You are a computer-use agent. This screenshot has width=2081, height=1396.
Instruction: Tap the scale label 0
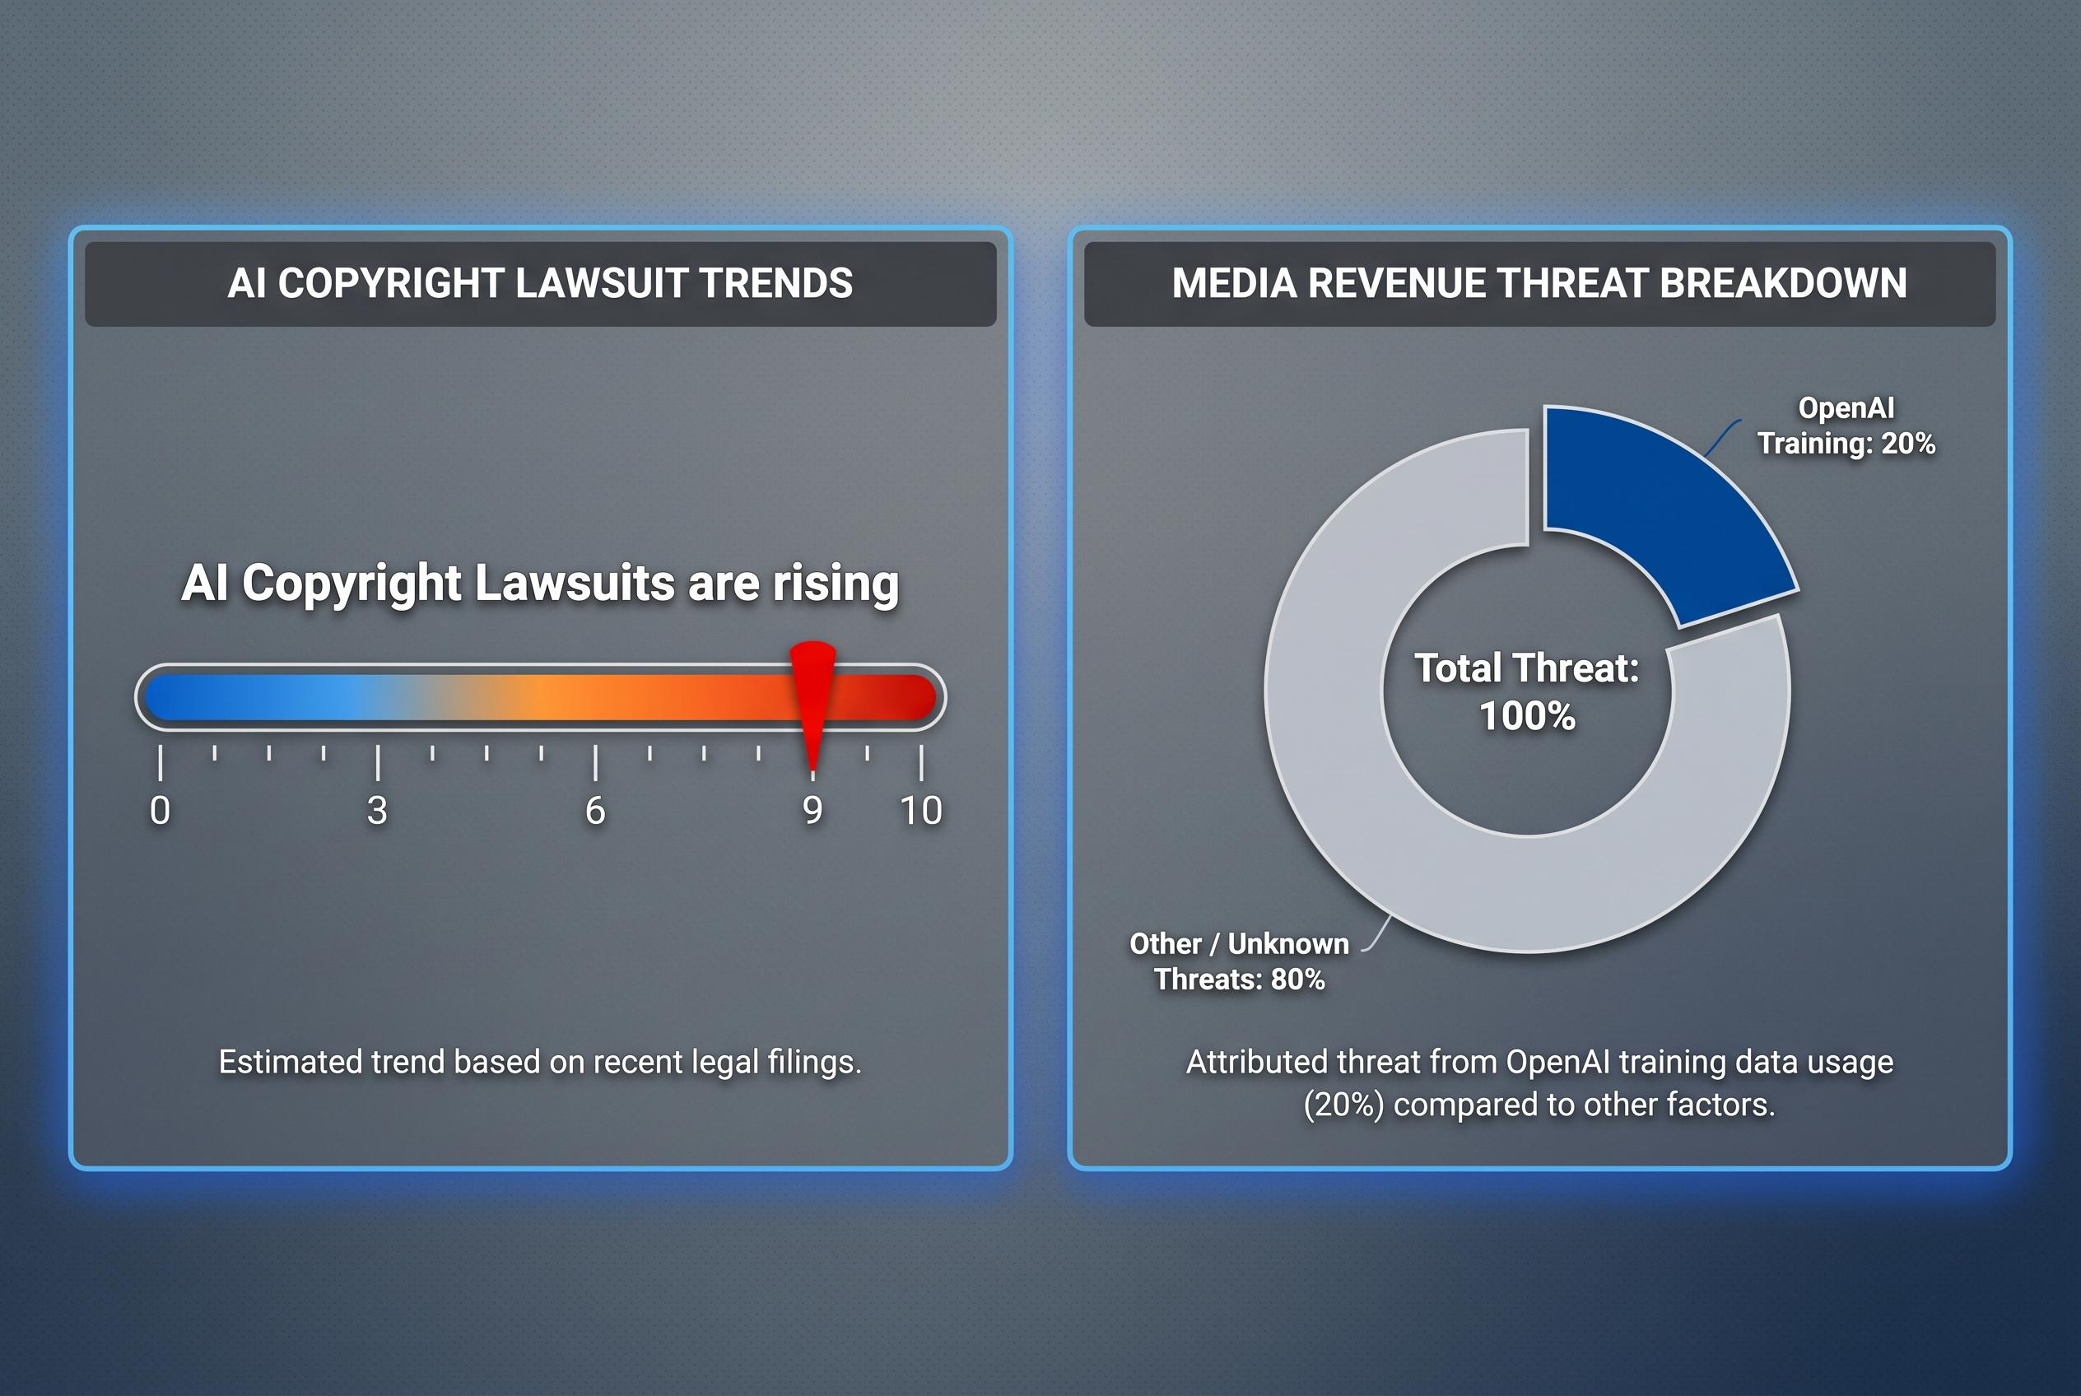coord(161,811)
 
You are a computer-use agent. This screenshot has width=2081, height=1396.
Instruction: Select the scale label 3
coord(378,811)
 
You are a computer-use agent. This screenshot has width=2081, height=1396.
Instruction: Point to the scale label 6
coord(595,811)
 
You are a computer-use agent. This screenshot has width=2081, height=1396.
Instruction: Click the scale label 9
coord(812,811)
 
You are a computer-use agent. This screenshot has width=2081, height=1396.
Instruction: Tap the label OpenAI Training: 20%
coord(1846,426)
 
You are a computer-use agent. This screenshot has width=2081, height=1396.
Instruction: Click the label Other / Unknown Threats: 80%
coord(1240,961)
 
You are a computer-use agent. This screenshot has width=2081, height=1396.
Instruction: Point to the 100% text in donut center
coord(1527,717)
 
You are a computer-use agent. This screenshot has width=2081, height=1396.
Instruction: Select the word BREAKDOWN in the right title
coord(1784,283)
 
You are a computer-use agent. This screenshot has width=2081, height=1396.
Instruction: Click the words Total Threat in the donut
coord(1526,668)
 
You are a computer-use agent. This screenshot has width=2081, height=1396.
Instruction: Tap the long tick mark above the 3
coord(378,763)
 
